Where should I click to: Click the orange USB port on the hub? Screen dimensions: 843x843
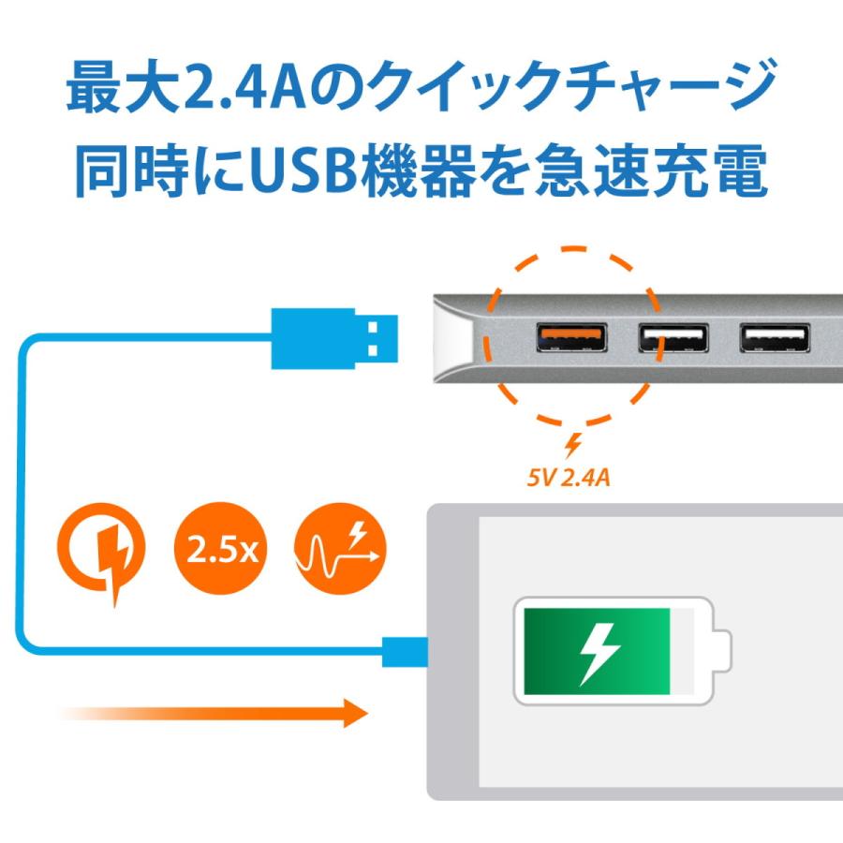[571, 337]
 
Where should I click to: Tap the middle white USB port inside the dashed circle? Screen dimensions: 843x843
[673, 337]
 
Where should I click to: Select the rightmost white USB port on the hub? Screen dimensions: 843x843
[774, 337]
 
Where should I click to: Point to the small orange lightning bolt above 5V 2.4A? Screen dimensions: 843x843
[572, 446]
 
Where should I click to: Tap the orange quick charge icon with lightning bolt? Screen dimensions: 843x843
[102, 553]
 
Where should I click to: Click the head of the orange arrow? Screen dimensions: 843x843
[352, 713]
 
